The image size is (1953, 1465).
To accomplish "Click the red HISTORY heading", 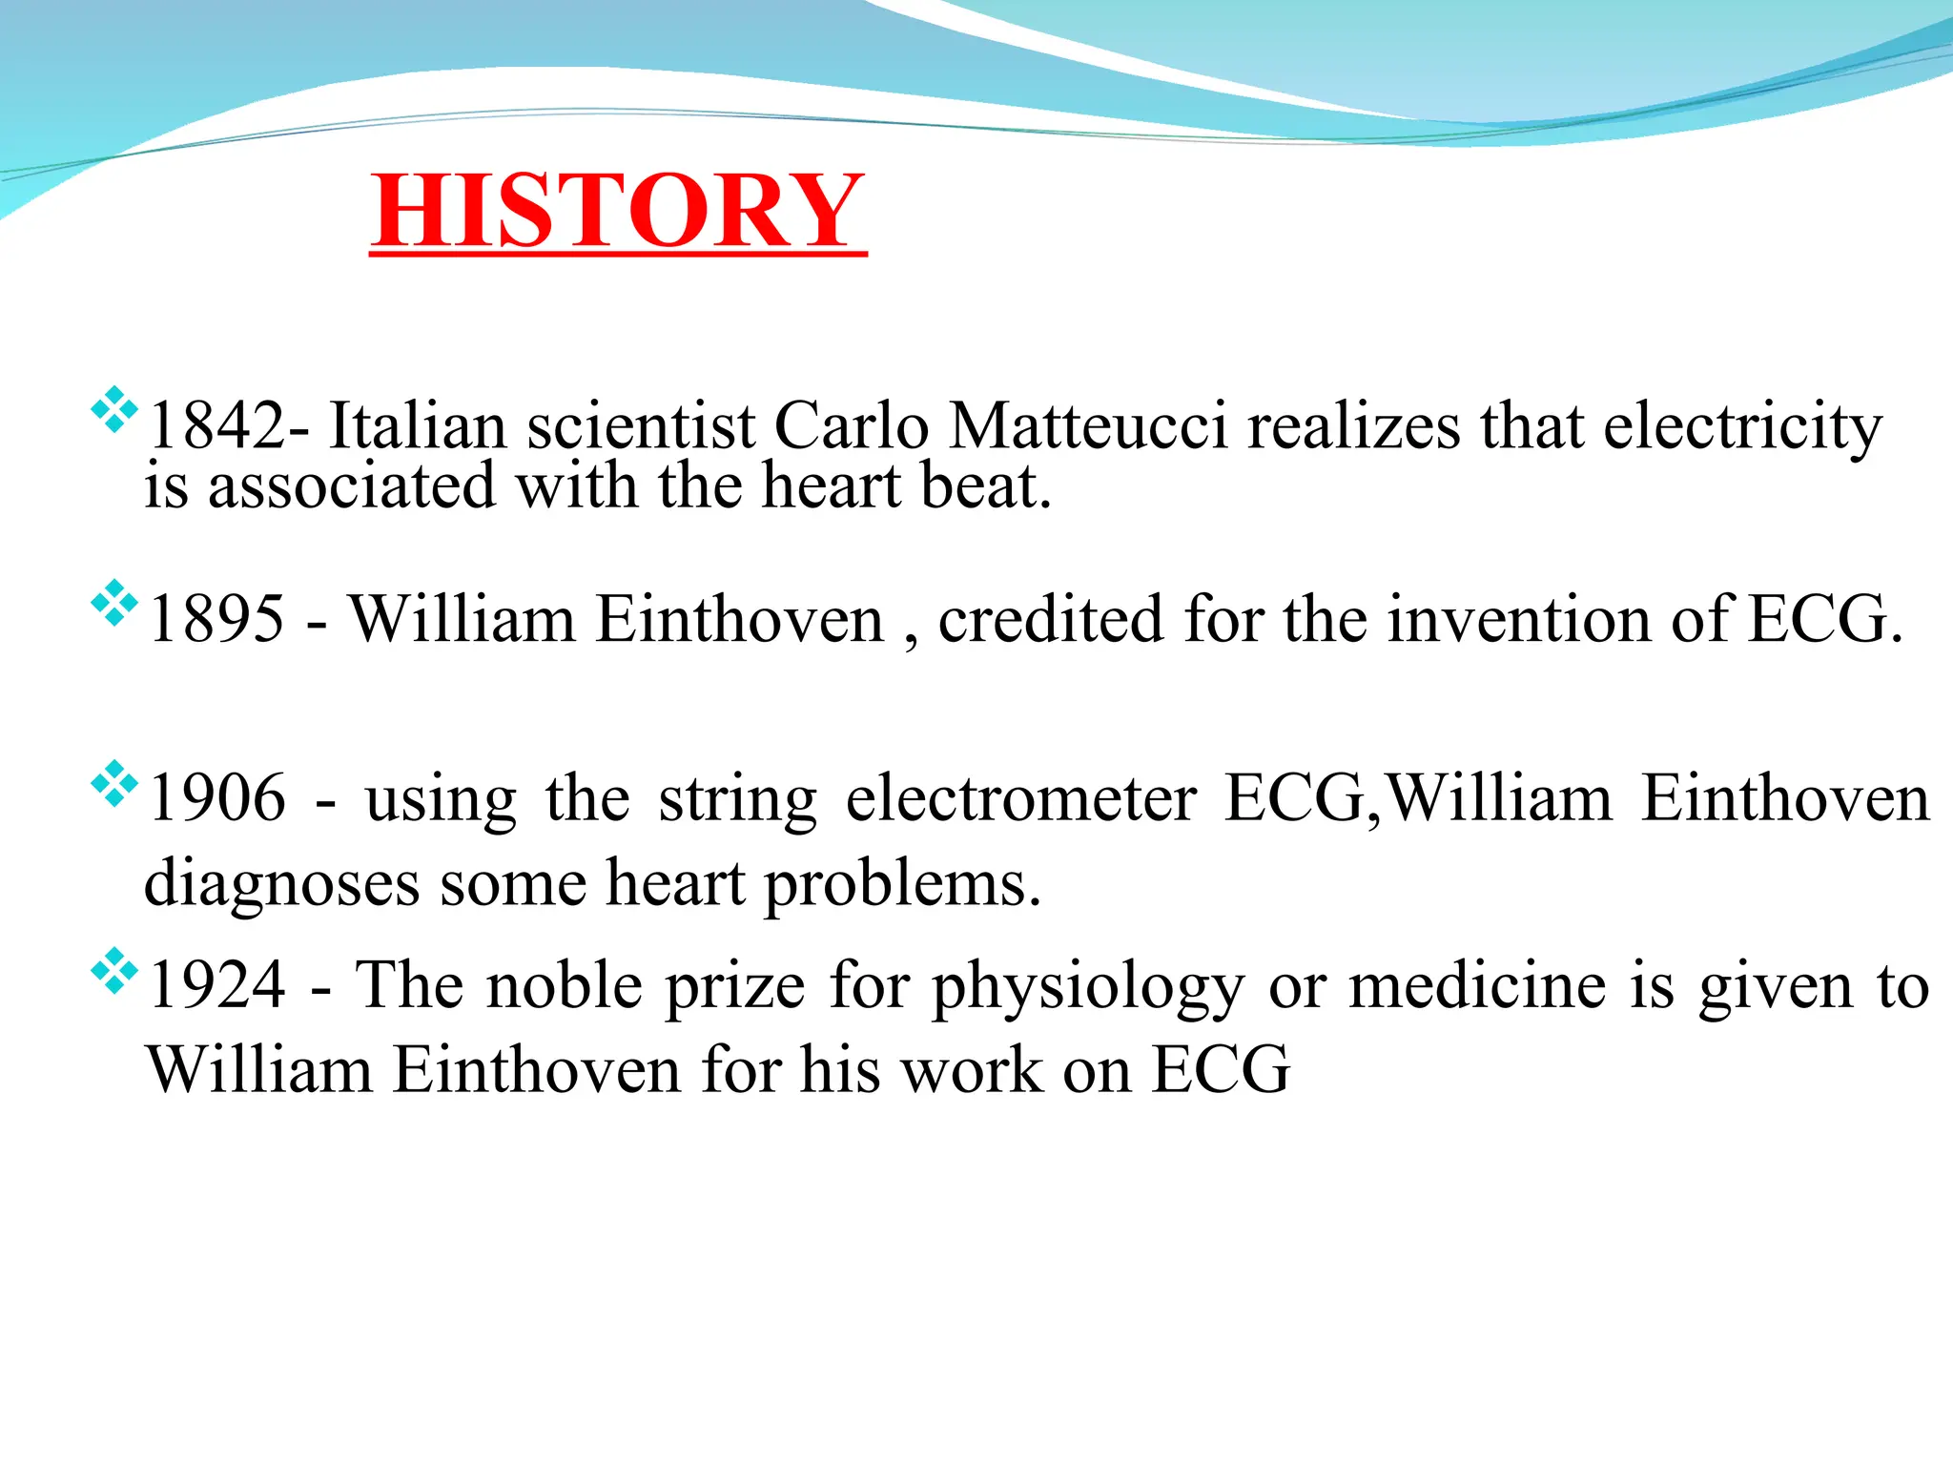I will (x=618, y=212).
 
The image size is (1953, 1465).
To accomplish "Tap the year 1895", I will (x=217, y=619).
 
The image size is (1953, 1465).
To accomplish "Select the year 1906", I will (x=217, y=797).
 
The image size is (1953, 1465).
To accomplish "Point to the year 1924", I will (x=217, y=984).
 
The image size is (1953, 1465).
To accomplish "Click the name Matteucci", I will (x=1088, y=425).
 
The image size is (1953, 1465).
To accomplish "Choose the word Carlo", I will (x=851, y=425).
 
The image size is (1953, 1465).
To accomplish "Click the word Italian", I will (x=417, y=425).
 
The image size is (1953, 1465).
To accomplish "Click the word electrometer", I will (x=1020, y=797).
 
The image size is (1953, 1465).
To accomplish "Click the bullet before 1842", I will (x=113, y=409).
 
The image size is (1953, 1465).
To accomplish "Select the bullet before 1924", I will (x=113, y=970).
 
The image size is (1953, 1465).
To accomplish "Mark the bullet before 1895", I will (x=113, y=603).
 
